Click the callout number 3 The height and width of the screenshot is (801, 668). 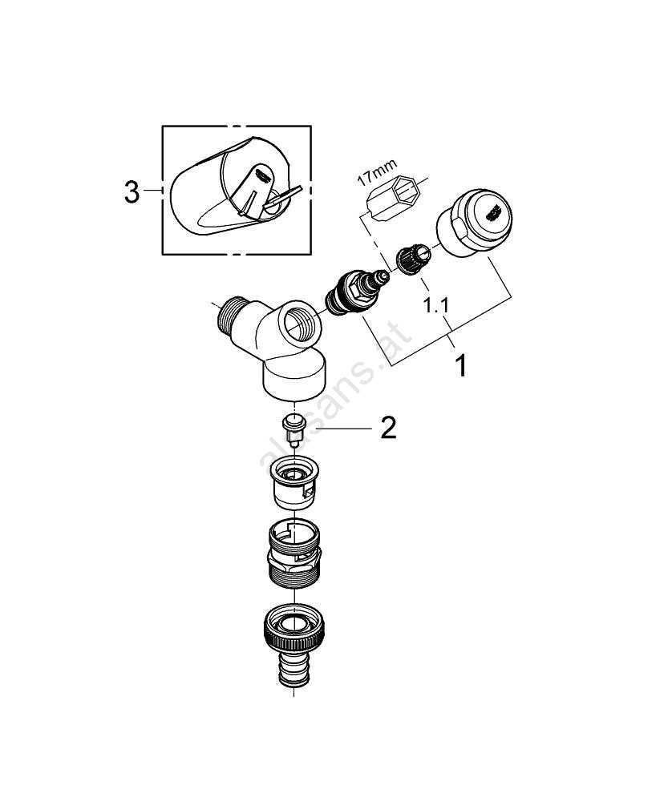132,192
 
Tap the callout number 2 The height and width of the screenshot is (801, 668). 388,428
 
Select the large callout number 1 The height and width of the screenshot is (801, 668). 461,366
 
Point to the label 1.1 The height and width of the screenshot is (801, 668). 435,305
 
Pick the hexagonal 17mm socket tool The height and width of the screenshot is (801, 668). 393,200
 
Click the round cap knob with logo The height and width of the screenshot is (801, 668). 474,223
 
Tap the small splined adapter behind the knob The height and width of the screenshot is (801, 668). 413,259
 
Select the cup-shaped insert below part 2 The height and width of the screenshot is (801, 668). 294,481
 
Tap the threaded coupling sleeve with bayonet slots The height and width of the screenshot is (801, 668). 294,553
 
